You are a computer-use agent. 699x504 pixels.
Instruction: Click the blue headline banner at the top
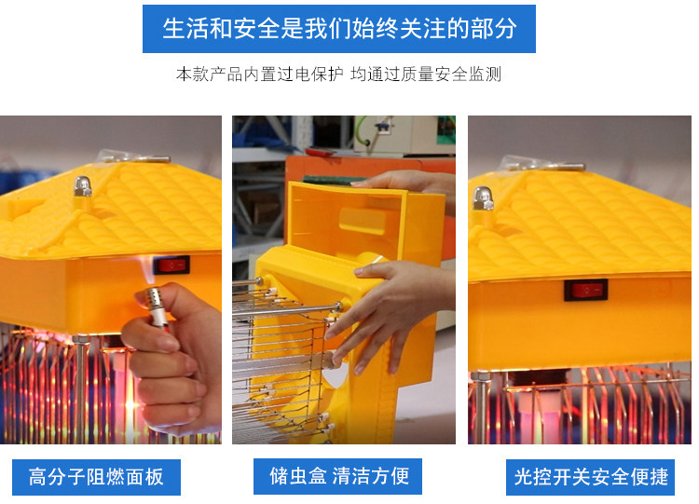pyautogui.click(x=339, y=29)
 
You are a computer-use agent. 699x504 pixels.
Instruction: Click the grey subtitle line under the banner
pyautogui.click(x=339, y=74)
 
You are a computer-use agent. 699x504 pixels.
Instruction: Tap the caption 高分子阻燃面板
pyautogui.click(x=96, y=477)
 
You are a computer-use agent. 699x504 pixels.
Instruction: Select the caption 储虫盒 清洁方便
pyautogui.click(x=338, y=476)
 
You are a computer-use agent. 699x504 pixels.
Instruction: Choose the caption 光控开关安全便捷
pyautogui.click(x=590, y=477)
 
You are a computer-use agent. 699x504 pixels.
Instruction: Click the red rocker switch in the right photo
pyautogui.click(x=586, y=290)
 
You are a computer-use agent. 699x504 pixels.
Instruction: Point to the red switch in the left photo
pyautogui.click(x=172, y=266)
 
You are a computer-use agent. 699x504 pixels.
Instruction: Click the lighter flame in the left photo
pyautogui.click(x=147, y=270)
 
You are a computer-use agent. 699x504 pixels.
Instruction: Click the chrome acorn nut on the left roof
pyautogui.click(x=83, y=186)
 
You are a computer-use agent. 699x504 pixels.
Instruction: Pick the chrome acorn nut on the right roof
pyautogui.click(x=483, y=198)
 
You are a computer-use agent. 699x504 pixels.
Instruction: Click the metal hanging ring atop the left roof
pyautogui.click(x=133, y=157)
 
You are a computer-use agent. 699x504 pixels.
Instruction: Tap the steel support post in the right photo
pyautogui.click(x=480, y=408)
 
